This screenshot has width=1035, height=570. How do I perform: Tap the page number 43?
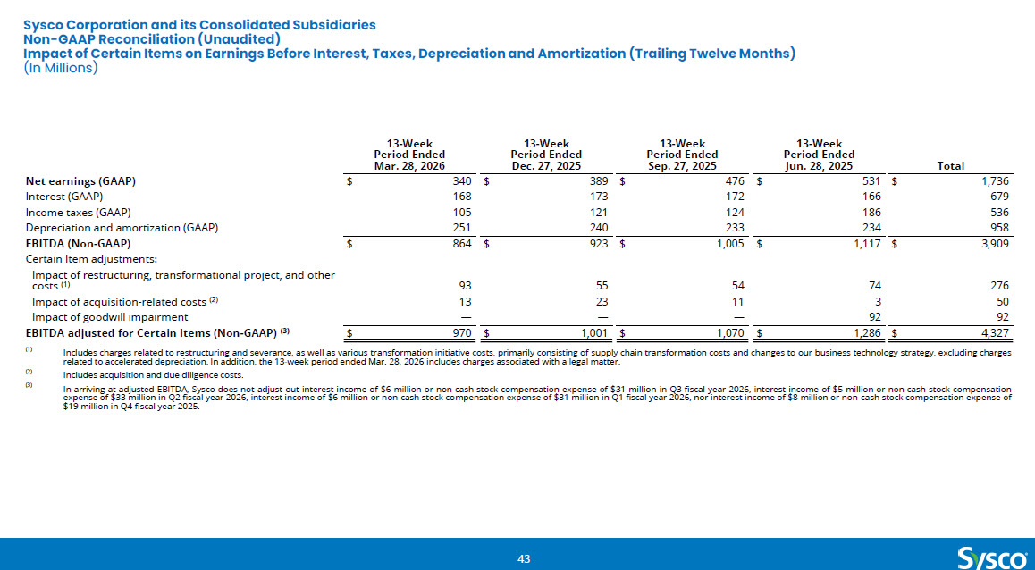pos(524,559)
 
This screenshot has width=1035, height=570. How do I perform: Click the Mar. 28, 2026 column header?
pos(409,155)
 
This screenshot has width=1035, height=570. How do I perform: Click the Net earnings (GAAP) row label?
pos(80,180)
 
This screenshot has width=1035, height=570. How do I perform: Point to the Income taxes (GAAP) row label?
pos(78,213)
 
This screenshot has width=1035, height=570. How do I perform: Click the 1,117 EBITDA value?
pos(867,244)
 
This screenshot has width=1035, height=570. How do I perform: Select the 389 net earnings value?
pos(599,180)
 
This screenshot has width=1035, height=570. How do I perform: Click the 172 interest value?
pos(736,197)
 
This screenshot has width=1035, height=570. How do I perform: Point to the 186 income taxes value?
pos(872,213)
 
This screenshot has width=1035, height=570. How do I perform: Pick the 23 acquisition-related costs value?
pos(602,302)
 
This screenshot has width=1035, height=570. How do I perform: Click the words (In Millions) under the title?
pos(61,67)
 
